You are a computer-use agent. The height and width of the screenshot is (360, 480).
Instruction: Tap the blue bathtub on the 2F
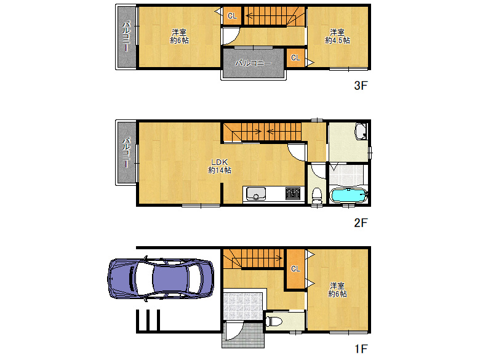pyautogui.click(x=349, y=196)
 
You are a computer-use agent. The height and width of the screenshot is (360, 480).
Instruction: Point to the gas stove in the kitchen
pyautogui.click(x=292, y=194)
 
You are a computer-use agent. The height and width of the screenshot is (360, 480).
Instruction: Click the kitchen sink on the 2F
pyautogui.click(x=254, y=194)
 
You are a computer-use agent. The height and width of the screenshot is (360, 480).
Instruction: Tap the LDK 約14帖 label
pyautogui.click(x=220, y=166)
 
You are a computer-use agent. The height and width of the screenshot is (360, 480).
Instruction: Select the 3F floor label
pyautogui.click(x=361, y=86)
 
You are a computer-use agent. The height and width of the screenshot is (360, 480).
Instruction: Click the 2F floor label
pyautogui.click(x=361, y=223)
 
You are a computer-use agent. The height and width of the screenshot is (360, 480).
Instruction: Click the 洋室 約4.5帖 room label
pyautogui.click(x=337, y=36)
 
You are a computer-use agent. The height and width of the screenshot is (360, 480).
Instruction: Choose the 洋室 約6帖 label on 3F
pyautogui.click(x=179, y=36)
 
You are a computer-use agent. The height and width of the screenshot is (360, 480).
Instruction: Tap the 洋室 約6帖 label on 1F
pyautogui.click(x=337, y=290)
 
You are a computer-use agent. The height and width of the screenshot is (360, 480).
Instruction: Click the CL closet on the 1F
pyautogui.click(x=295, y=269)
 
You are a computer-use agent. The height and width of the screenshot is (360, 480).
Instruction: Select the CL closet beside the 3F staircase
pyautogui.click(x=232, y=16)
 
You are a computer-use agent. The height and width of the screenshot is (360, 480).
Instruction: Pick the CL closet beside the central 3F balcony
pyautogui.click(x=295, y=58)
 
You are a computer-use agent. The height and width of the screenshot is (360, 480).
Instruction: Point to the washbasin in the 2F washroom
pyautogui.click(x=361, y=131)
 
